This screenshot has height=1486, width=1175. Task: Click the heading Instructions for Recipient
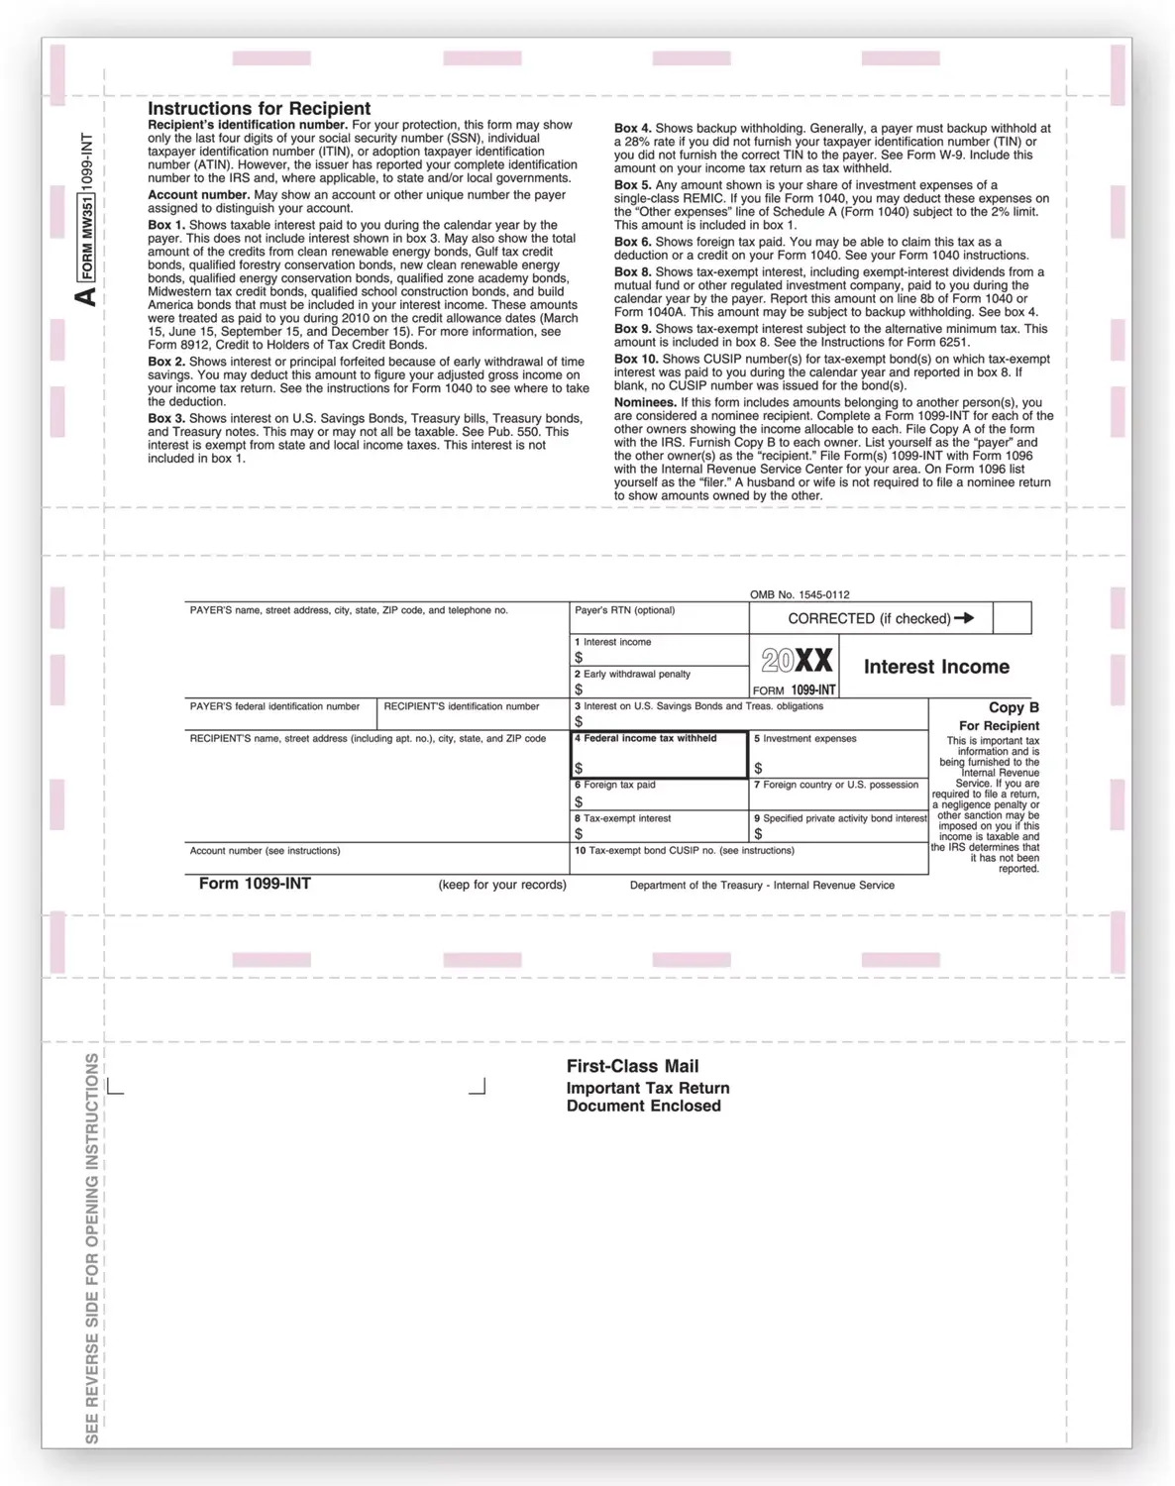coord(259,109)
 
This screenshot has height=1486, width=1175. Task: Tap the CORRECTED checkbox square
coord(1011,618)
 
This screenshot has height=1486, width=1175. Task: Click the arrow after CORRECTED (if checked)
coord(964,618)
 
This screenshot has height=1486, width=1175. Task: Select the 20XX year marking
coord(797,661)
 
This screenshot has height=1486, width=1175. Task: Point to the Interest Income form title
coord(936,667)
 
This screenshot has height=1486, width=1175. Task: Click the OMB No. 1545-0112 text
coord(800,594)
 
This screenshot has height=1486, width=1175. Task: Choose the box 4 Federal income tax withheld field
coord(659,756)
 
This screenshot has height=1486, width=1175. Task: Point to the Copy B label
coord(1014,707)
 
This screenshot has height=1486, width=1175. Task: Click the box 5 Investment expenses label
coord(805,738)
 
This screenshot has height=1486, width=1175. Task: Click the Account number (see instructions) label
coord(265,850)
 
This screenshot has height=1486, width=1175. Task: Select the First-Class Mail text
coord(632,1066)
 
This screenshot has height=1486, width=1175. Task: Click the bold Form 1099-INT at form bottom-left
coord(255,883)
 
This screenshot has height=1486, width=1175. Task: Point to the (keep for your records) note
coord(502,885)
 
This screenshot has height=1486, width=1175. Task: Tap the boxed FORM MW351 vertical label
coord(87,238)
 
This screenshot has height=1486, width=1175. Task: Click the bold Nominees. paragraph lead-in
coord(645,402)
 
